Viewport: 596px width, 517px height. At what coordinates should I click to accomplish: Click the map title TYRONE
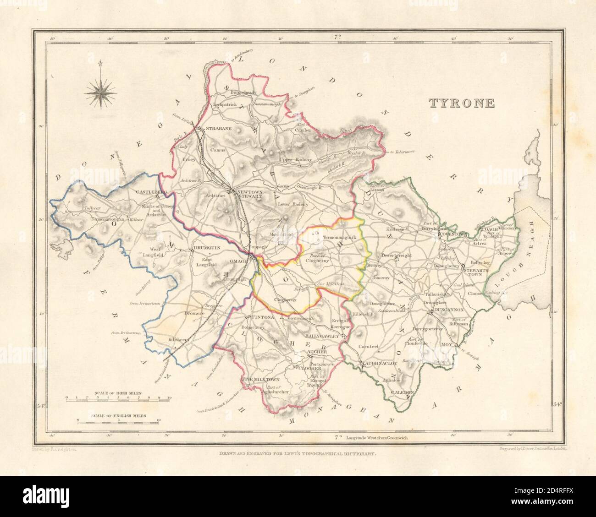[462, 103]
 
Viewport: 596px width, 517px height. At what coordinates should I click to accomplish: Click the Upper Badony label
[295, 159]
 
